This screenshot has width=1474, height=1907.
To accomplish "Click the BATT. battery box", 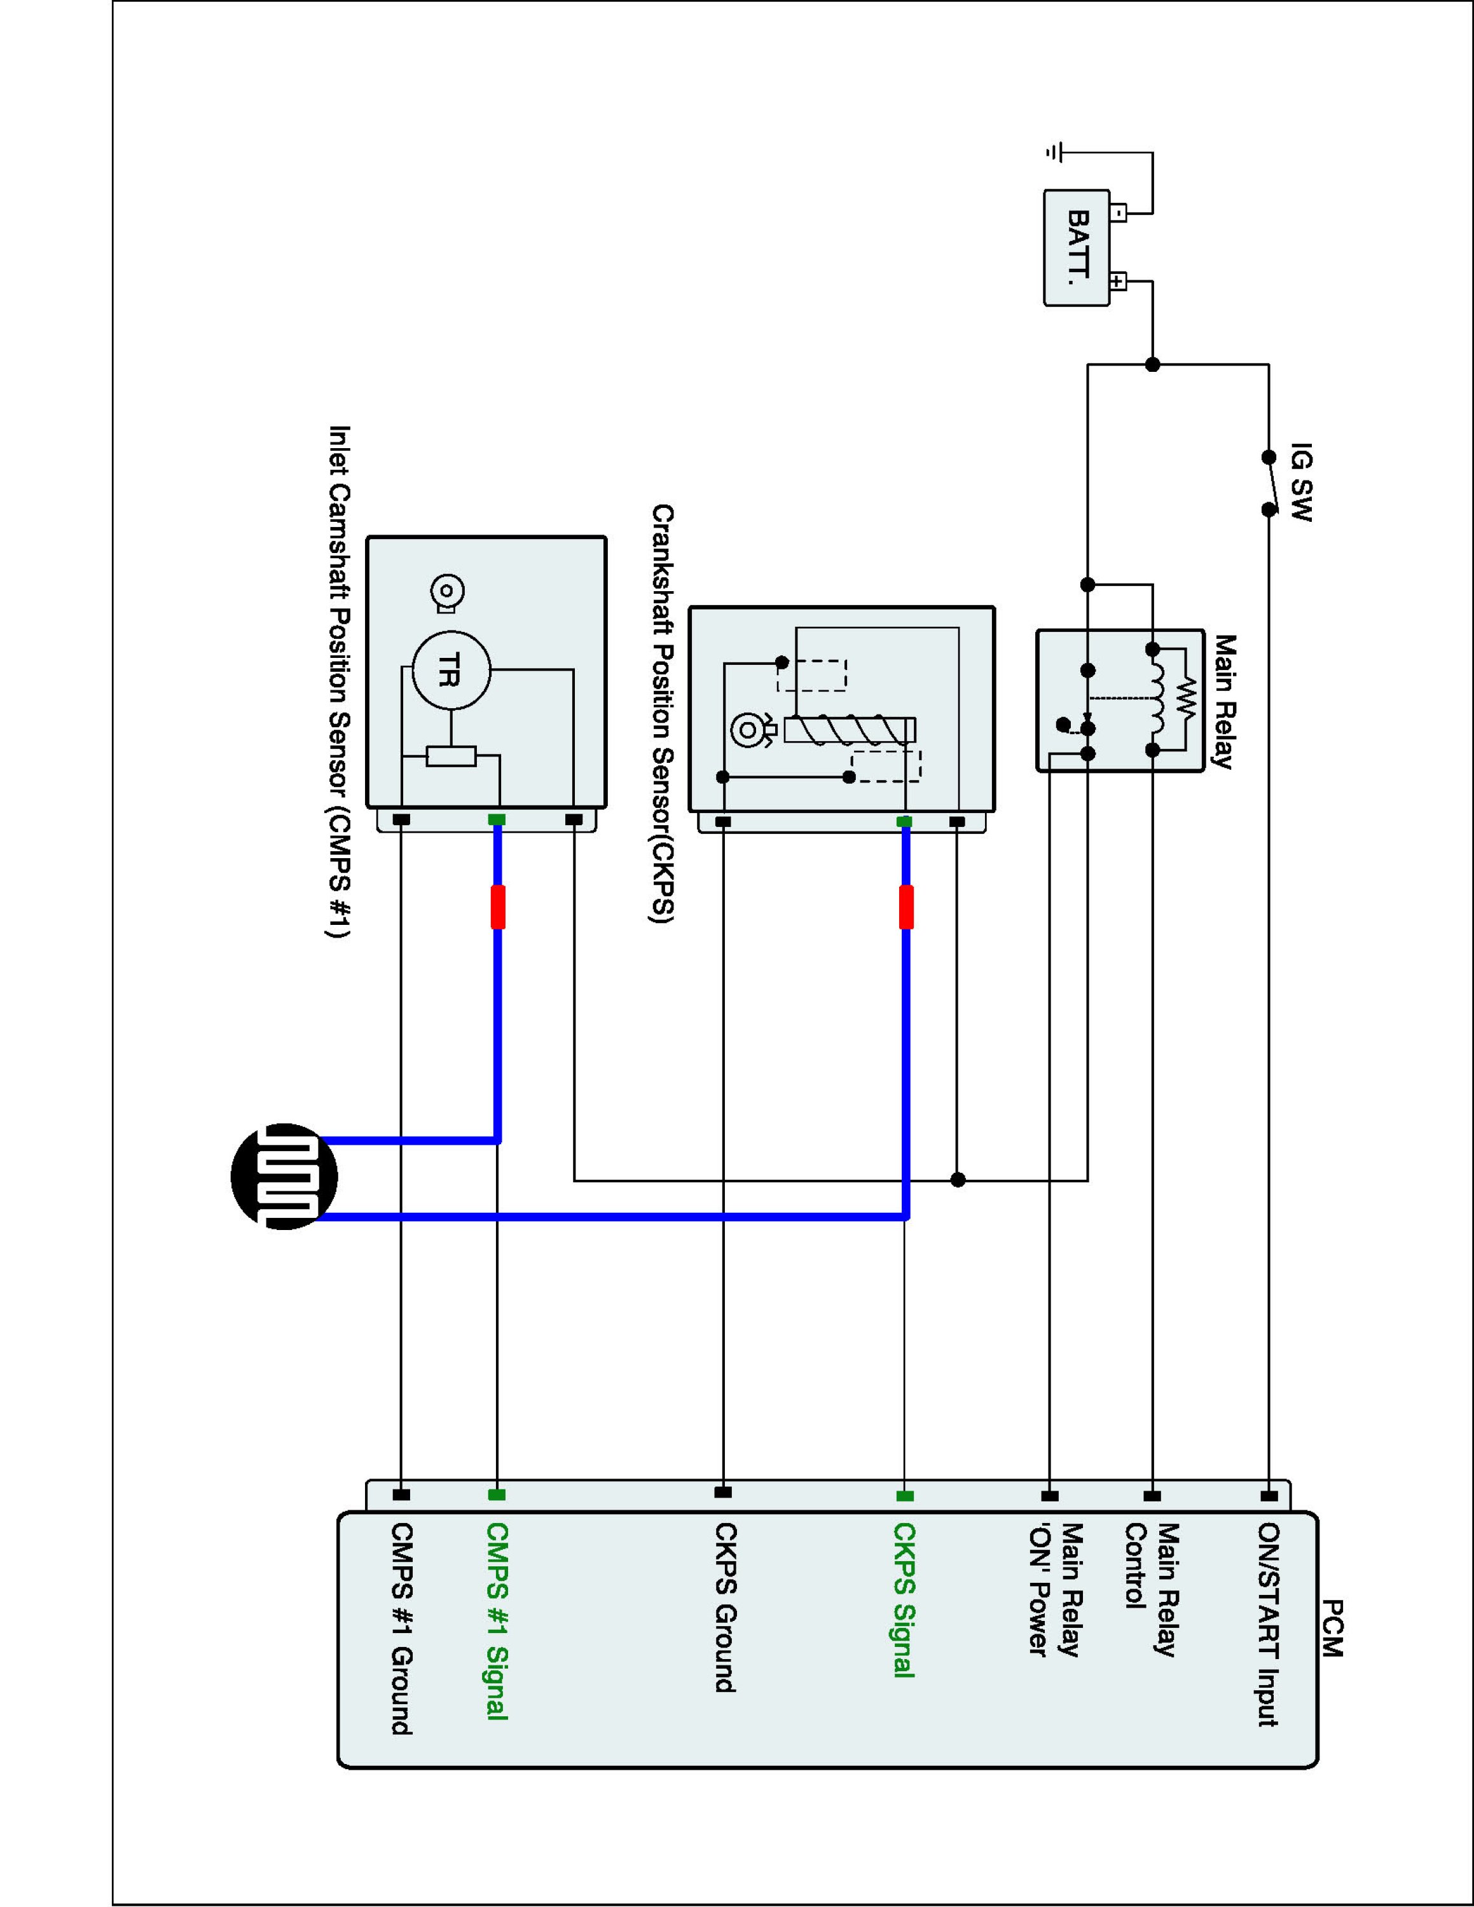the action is [x=1077, y=248].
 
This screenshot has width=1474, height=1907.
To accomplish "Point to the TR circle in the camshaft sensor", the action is [x=451, y=671].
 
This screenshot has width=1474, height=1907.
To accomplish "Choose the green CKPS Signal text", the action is [x=903, y=1599].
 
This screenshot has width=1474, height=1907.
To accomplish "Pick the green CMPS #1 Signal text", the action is [x=496, y=1620].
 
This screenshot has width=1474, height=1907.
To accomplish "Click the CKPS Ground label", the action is [x=725, y=1606].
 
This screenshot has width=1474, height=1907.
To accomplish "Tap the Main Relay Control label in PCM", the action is [x=1151, y=1589].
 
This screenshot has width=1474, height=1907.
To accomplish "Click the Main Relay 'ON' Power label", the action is [x=1055, y=1589].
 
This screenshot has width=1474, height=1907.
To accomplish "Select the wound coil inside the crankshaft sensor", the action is [x=850, y=729].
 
